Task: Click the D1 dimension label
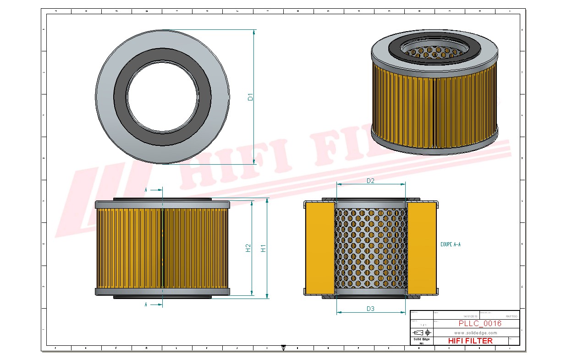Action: pos(250,97)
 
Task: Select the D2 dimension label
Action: pos(370,181)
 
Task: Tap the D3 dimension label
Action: pos(370,309)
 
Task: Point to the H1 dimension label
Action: pos(264,248)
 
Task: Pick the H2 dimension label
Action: pos(248,248)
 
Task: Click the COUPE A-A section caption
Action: pos(450,244)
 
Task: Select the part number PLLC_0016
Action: pos(480,323)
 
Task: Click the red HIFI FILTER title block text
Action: pos(470,341)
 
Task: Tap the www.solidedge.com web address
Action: pos(475,332)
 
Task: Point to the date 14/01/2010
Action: pos(470,316)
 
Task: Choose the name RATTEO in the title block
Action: pos(511,316)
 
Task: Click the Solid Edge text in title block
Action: pos(421,339)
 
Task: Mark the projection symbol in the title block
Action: pos(421,332)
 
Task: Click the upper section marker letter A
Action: pos(146,189)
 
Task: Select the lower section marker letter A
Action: pos(146,304)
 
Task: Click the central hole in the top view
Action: pos(162,97)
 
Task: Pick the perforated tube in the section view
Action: pos(371,250)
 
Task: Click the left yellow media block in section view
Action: pos(319,248)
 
